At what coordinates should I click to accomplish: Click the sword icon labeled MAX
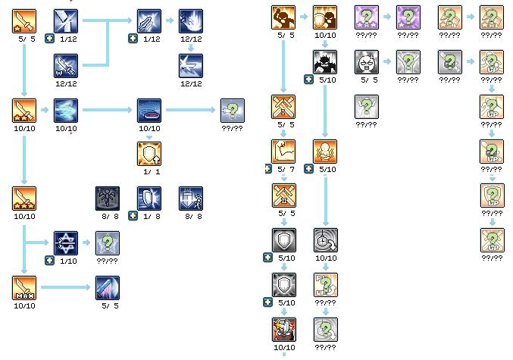tap(24, 287)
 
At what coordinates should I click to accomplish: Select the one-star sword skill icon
tap(24, 21)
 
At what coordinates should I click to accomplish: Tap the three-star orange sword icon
tap(24, 199)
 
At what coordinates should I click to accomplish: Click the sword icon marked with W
tap(66, 66)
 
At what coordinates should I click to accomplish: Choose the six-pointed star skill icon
tap(66, 243)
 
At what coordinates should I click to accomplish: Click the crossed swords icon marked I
tap(283, 108)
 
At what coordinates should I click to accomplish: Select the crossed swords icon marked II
tap(283, 196)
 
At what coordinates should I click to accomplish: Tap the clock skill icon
tap(325, 240)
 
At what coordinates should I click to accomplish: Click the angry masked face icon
tap(367, 62)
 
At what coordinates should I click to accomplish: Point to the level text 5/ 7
tap(283, 169)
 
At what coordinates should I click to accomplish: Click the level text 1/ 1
tap(149, 172)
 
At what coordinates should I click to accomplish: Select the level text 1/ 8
tap(149, 216)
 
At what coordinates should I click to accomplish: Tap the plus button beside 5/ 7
tap(267, 169)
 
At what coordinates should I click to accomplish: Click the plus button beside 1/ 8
tap(133, 216)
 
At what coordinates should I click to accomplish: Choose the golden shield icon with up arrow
tap(149, 154)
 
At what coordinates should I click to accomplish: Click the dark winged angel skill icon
tap(108, 199)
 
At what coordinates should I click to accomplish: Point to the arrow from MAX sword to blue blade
tap(67, 287)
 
